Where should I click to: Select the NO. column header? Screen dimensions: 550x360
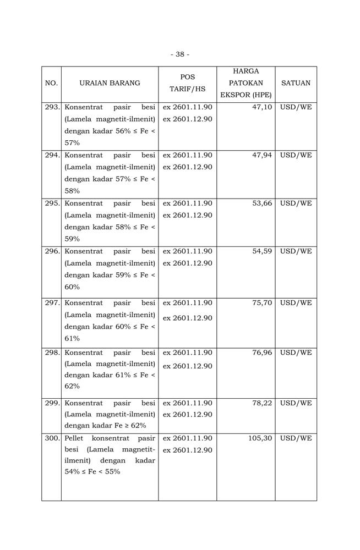click(x=51, y=83)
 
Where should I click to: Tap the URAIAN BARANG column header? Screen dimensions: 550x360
click(x=110, y=83)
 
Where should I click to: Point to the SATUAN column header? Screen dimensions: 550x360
click(x=296, y=83)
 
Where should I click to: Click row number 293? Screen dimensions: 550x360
click(x=52, y=107)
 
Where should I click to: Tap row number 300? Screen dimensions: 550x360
click(x=52, y=438)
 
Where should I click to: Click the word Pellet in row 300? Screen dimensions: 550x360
click(x=74, y=438)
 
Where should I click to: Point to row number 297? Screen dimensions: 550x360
click(x=52, y=302)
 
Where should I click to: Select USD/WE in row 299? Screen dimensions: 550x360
click(x=296, y=403)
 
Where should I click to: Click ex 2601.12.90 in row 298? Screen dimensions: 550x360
click(x=187, y=366)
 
